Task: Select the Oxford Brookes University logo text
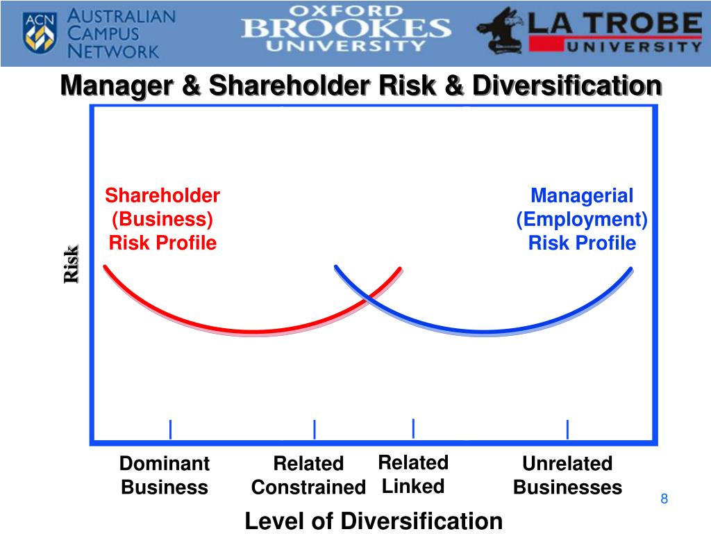coord(346,29)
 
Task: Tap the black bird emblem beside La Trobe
coord(501,31)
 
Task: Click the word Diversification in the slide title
coord(567,86)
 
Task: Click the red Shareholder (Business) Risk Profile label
coord(162,219)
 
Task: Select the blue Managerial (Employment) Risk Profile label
coord(582,219)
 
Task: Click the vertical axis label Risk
coord(72,264)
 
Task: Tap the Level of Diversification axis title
coord(374,520)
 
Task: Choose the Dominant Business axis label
coord(165,475)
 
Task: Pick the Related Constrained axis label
coord(308,475)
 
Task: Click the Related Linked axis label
coord(413,474)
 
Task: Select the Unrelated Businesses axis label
coord(567,475)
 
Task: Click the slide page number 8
coord(664,499)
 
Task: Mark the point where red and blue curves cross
coord(368,298)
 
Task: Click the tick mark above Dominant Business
coord(170,430)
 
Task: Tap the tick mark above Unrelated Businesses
coord(567,430)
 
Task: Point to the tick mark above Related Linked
coord(413,428)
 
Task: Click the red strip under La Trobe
coord(614,45)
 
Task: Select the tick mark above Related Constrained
coord(315,430)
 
